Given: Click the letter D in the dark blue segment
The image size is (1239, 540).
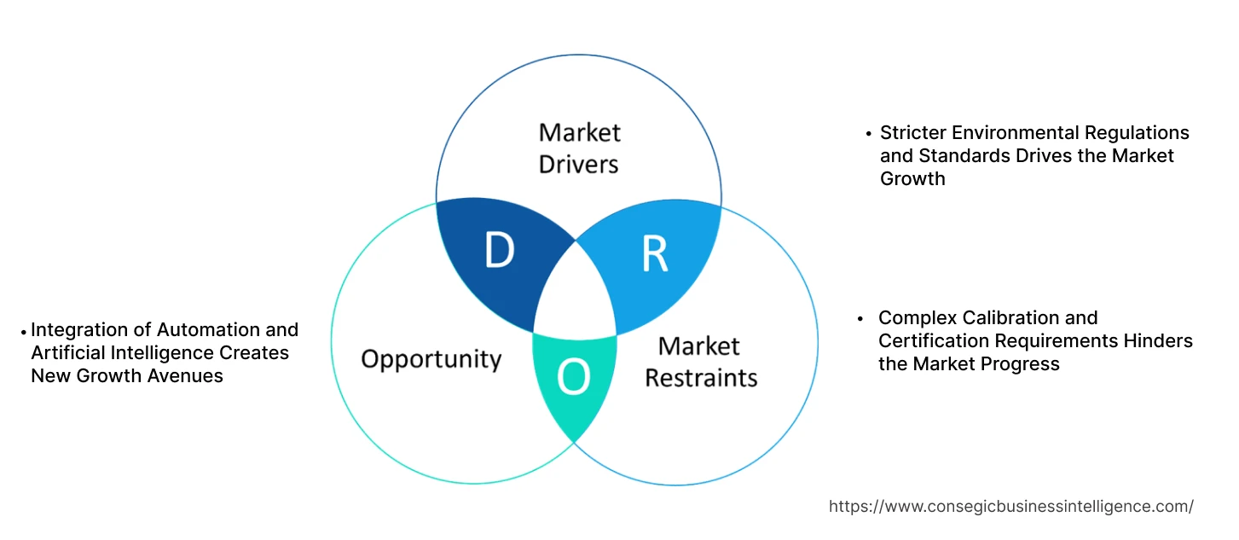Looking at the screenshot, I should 500,250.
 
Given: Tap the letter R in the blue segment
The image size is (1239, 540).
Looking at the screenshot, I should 654,254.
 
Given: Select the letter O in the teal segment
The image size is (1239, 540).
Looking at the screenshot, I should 574,378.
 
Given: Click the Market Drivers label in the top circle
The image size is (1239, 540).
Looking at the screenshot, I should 579,148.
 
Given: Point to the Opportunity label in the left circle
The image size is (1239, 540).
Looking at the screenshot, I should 431,358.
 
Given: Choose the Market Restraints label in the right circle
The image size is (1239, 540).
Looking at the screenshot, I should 700,362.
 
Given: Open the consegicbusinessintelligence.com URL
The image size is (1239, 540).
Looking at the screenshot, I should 1010,506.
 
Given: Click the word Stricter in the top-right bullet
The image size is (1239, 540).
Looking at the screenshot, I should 912,133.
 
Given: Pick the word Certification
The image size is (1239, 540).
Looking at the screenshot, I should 934,341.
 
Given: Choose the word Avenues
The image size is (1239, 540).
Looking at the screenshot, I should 187,376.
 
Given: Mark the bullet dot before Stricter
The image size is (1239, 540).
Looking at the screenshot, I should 869,134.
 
